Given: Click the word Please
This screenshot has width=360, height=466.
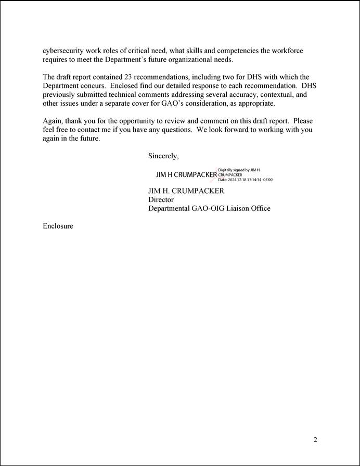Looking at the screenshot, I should (303, 121).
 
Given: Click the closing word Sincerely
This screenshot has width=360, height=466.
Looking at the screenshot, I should (163, 156).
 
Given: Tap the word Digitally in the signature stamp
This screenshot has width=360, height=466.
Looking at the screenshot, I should (226, 170).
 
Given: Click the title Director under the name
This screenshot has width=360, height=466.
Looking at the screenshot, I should (161, 199).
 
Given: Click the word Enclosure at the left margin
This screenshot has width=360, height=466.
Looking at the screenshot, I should (58, 226).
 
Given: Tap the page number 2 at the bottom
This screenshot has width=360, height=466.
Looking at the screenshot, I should (315, 439).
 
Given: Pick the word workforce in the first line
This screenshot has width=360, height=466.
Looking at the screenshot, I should (286, 51).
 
